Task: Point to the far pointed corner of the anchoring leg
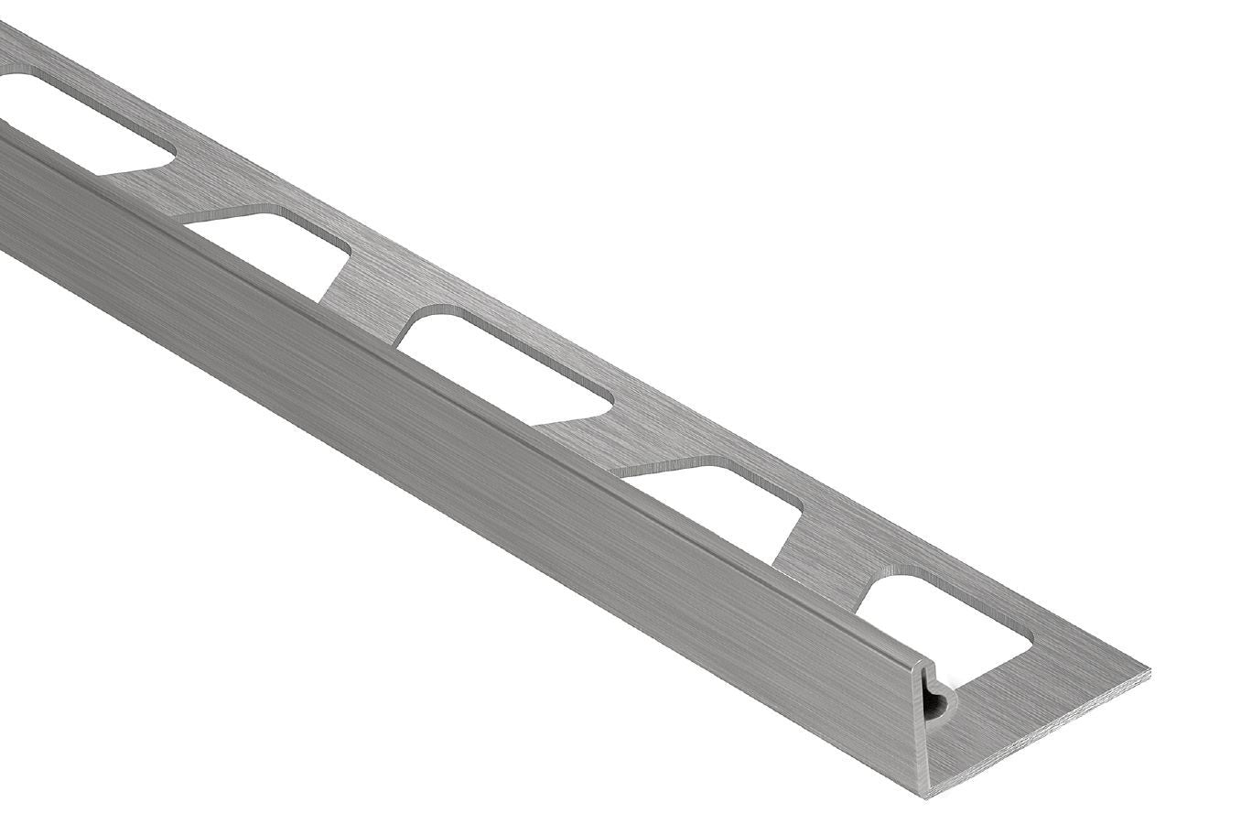point(1148,673)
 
